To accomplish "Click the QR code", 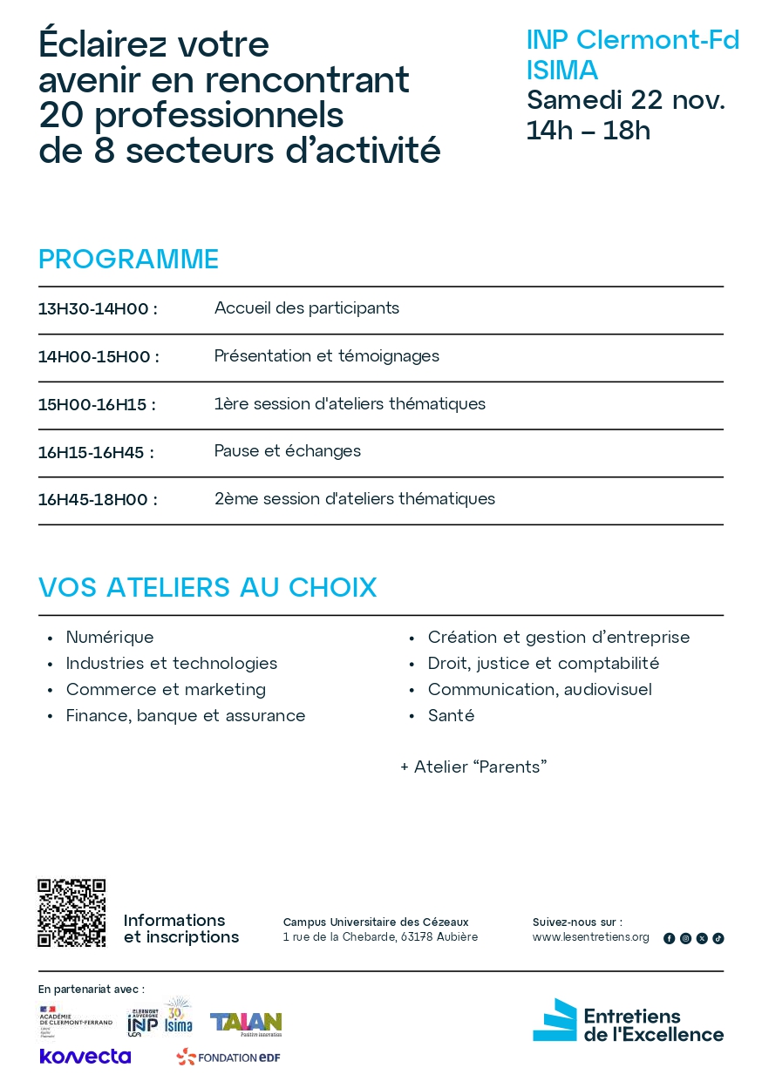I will click(x=71, y=913).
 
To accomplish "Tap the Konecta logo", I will click(x=85, y=1057).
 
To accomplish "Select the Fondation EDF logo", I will click(x=228, y=1057).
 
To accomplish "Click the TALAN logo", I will click(x=246, y=1023).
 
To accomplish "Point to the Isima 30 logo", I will click(x=179, y=1017).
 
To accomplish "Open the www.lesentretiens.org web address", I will click(x=590, y=937).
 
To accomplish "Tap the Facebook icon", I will click(x=669, y=938).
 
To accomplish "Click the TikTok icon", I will click(x=718, y=938).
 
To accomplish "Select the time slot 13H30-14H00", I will click(x=98, y=309).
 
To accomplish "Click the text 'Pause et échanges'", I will click(x=288, y=451).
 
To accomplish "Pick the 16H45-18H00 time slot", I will click(x=98, y=500).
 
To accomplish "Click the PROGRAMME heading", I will click(x=128, y=260).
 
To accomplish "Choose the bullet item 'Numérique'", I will click(x=110, y=638).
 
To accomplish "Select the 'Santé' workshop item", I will click(x=451, y=716).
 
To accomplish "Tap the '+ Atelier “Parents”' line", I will click(x=473, y=767).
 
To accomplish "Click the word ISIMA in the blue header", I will click(x=562, y=70).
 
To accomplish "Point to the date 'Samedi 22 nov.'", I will click(x=625, y=100).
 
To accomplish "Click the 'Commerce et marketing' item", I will click(x=166, y=690).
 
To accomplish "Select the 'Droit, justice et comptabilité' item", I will click(x=543, y=664).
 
